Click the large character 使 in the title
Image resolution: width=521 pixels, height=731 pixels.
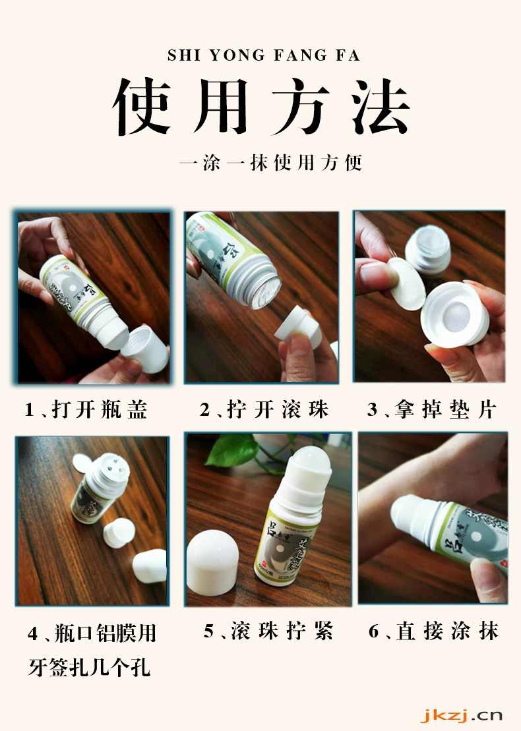142,107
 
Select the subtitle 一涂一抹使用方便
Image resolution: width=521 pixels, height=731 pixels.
270,163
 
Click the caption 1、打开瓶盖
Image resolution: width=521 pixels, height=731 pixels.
86,410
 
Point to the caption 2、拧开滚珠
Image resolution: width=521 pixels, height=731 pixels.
264,410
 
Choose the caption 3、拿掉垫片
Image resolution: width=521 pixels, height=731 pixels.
431,410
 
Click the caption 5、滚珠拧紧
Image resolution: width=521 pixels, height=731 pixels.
268,631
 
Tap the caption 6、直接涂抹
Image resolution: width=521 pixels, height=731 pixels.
433,631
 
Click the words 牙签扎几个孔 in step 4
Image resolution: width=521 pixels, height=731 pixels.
89,668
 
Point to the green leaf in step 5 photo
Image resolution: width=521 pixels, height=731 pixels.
232,450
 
